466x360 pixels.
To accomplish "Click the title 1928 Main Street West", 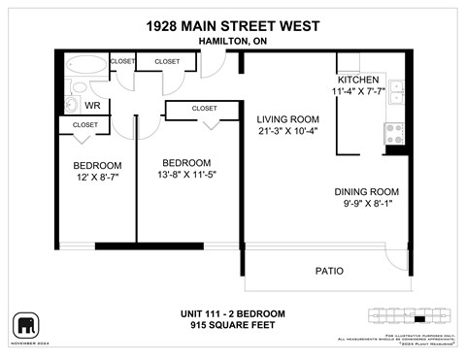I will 232,26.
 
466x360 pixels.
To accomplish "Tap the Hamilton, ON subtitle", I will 232,42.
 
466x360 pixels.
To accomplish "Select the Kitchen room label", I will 357,80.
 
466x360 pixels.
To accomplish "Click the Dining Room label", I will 366,191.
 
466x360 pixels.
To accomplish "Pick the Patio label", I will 328,271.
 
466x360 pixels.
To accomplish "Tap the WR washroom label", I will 93,105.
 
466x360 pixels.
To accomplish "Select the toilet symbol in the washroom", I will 71,104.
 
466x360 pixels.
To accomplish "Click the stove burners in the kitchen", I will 394,133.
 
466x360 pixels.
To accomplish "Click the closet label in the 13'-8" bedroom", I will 204,109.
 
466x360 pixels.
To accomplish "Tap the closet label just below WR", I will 85,125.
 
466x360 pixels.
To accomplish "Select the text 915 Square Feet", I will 232,326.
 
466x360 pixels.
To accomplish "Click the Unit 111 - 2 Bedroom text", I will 232,313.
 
